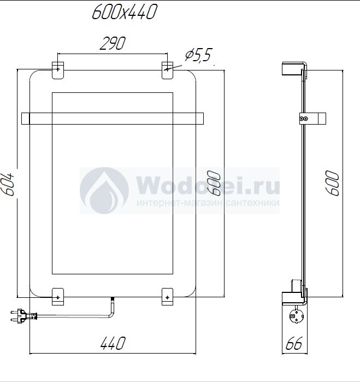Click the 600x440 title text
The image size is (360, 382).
[x=125, y=12]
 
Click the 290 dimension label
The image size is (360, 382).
[x=113, y=43]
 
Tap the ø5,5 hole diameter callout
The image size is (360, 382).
[x=198, y=55]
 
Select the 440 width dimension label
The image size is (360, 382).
[x=113, y=343]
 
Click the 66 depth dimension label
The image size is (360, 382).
[x=294, y=343]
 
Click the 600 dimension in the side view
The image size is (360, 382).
[x=332, y=183]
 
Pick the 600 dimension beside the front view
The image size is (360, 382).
[x=214, y=183]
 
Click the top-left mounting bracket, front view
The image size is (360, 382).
[x=58, y=70]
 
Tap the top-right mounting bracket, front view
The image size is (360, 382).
[x=168, y=70]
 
